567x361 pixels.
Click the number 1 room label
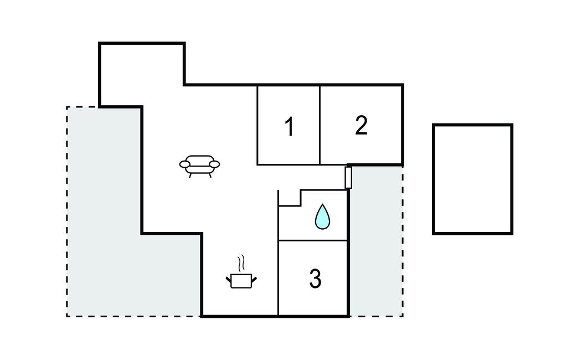pyautogui.click(x=288, y=127)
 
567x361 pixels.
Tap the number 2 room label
pyautogui.click(x=361, y=125)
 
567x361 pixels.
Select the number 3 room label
pyautogui.click(x=315, y=279)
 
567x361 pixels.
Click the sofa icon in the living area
pyautogui.click(x=199, y=165)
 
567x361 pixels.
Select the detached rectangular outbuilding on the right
pyautogui.click(x=472, y=179)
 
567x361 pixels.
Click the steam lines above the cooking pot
pyautogui.click(x=241, y=262)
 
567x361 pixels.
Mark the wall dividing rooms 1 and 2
pyautogui.click(x=320, y=125)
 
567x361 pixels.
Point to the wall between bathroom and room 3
pyautogui.click(x=313, y=240)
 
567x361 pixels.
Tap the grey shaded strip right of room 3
pyautogui.click(x=375, y=244)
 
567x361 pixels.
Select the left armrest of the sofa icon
pyautogui.click(x=184, y=164)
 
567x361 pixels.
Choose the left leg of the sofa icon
pyautogui.click(x=191, y=175)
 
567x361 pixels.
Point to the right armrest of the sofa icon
pyautogui.click(x=215, y=164)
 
